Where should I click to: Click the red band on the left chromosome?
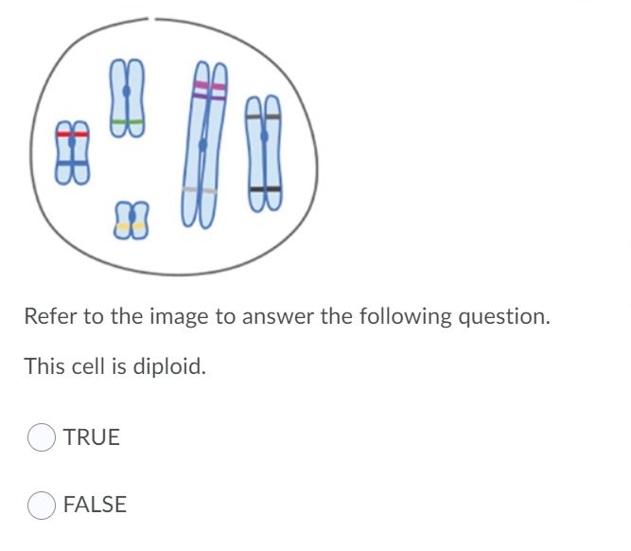tap(72, 134)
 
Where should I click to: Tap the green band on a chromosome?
tap(127, 122)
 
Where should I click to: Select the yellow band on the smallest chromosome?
tap(131, 226)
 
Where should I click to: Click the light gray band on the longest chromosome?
tap(200, 191)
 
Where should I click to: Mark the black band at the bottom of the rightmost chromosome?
tap(265, 190)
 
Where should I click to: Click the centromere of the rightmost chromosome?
tap(265, 137)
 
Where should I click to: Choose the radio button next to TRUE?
tap(41, 437)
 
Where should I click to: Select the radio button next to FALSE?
tap(41, 506)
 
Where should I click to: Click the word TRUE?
tap(92, 437)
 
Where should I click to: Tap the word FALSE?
tap(95, 506)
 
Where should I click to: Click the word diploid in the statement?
tap(168, 365)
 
